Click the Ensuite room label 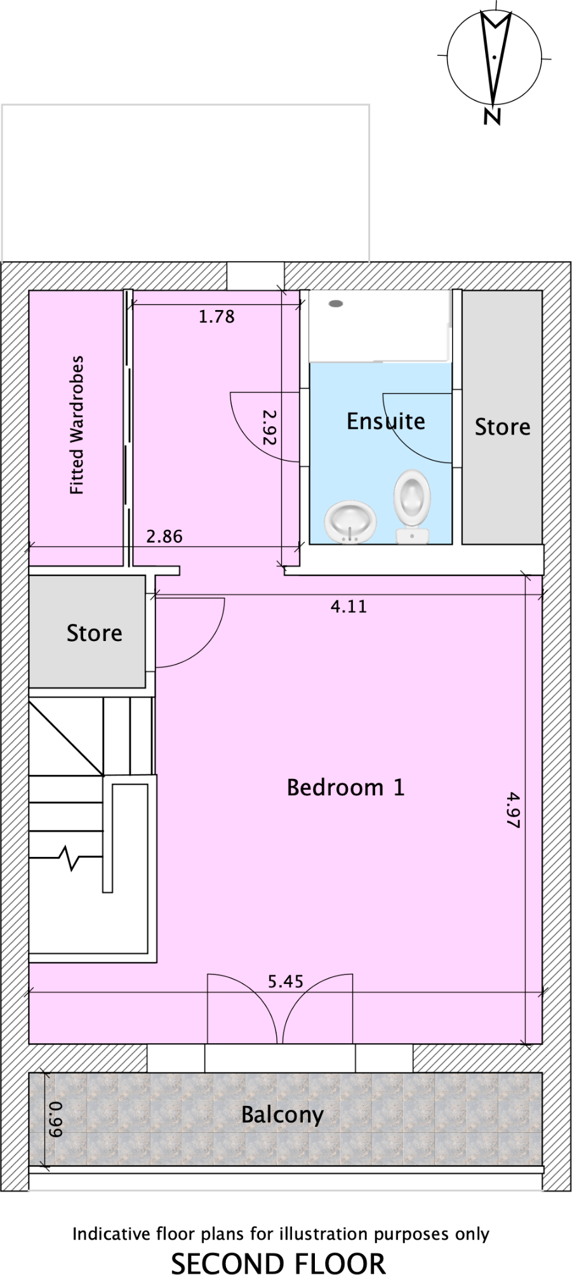pyautogui.click(x=385, y=421)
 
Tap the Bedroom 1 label pyautogui.click(x=345, y=788)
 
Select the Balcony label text pyautogui.click(x=282, y=1114)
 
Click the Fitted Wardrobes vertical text pyautogui.click(x=77, y=425)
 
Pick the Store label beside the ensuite pyautogui.click(x=502, y=427)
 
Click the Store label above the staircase pyautogui.click(x=94, y=633)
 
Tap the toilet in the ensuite pyautogui.click(x=412, y=506)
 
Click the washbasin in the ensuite pyautogui.click(x=350, y=522)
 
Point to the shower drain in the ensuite pyautogui.click(x=335, y=304)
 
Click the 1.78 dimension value pyautogui.click(x=216, y=316)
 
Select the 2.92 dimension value pyautogui.click(x=270, y=426)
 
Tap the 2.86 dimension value pyautogui.click(x=164, y=537)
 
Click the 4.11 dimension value pyautogui.click(x=349, y=607)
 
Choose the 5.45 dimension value pyautogui.click(x=285, y=982)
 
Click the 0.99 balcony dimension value pyautogui.click(x=57, y=1119)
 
